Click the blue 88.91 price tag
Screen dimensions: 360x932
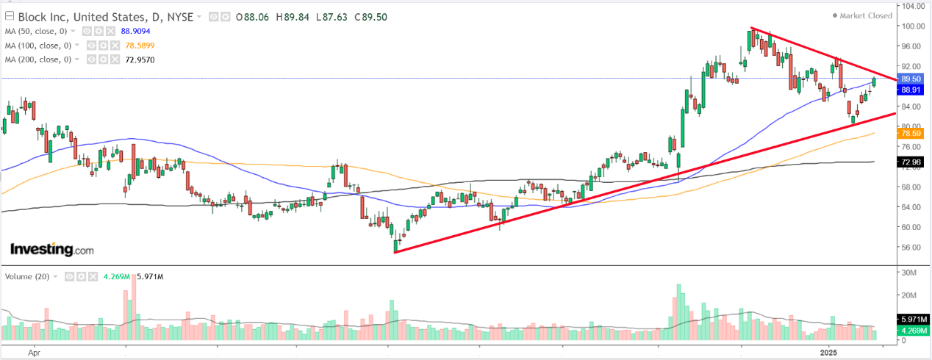point(911,89)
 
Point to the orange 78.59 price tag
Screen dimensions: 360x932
point(911,134)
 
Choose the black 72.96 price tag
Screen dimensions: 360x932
point(911,162)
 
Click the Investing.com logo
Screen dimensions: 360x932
point(51,250)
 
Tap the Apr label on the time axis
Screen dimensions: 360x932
point(34,351)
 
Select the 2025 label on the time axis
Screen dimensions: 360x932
point(831,351)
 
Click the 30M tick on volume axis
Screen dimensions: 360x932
point(909,273)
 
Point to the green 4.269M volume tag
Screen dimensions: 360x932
point(911,330)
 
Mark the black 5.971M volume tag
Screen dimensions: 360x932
point(911,320)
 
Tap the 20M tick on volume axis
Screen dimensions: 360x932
point(909,295)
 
